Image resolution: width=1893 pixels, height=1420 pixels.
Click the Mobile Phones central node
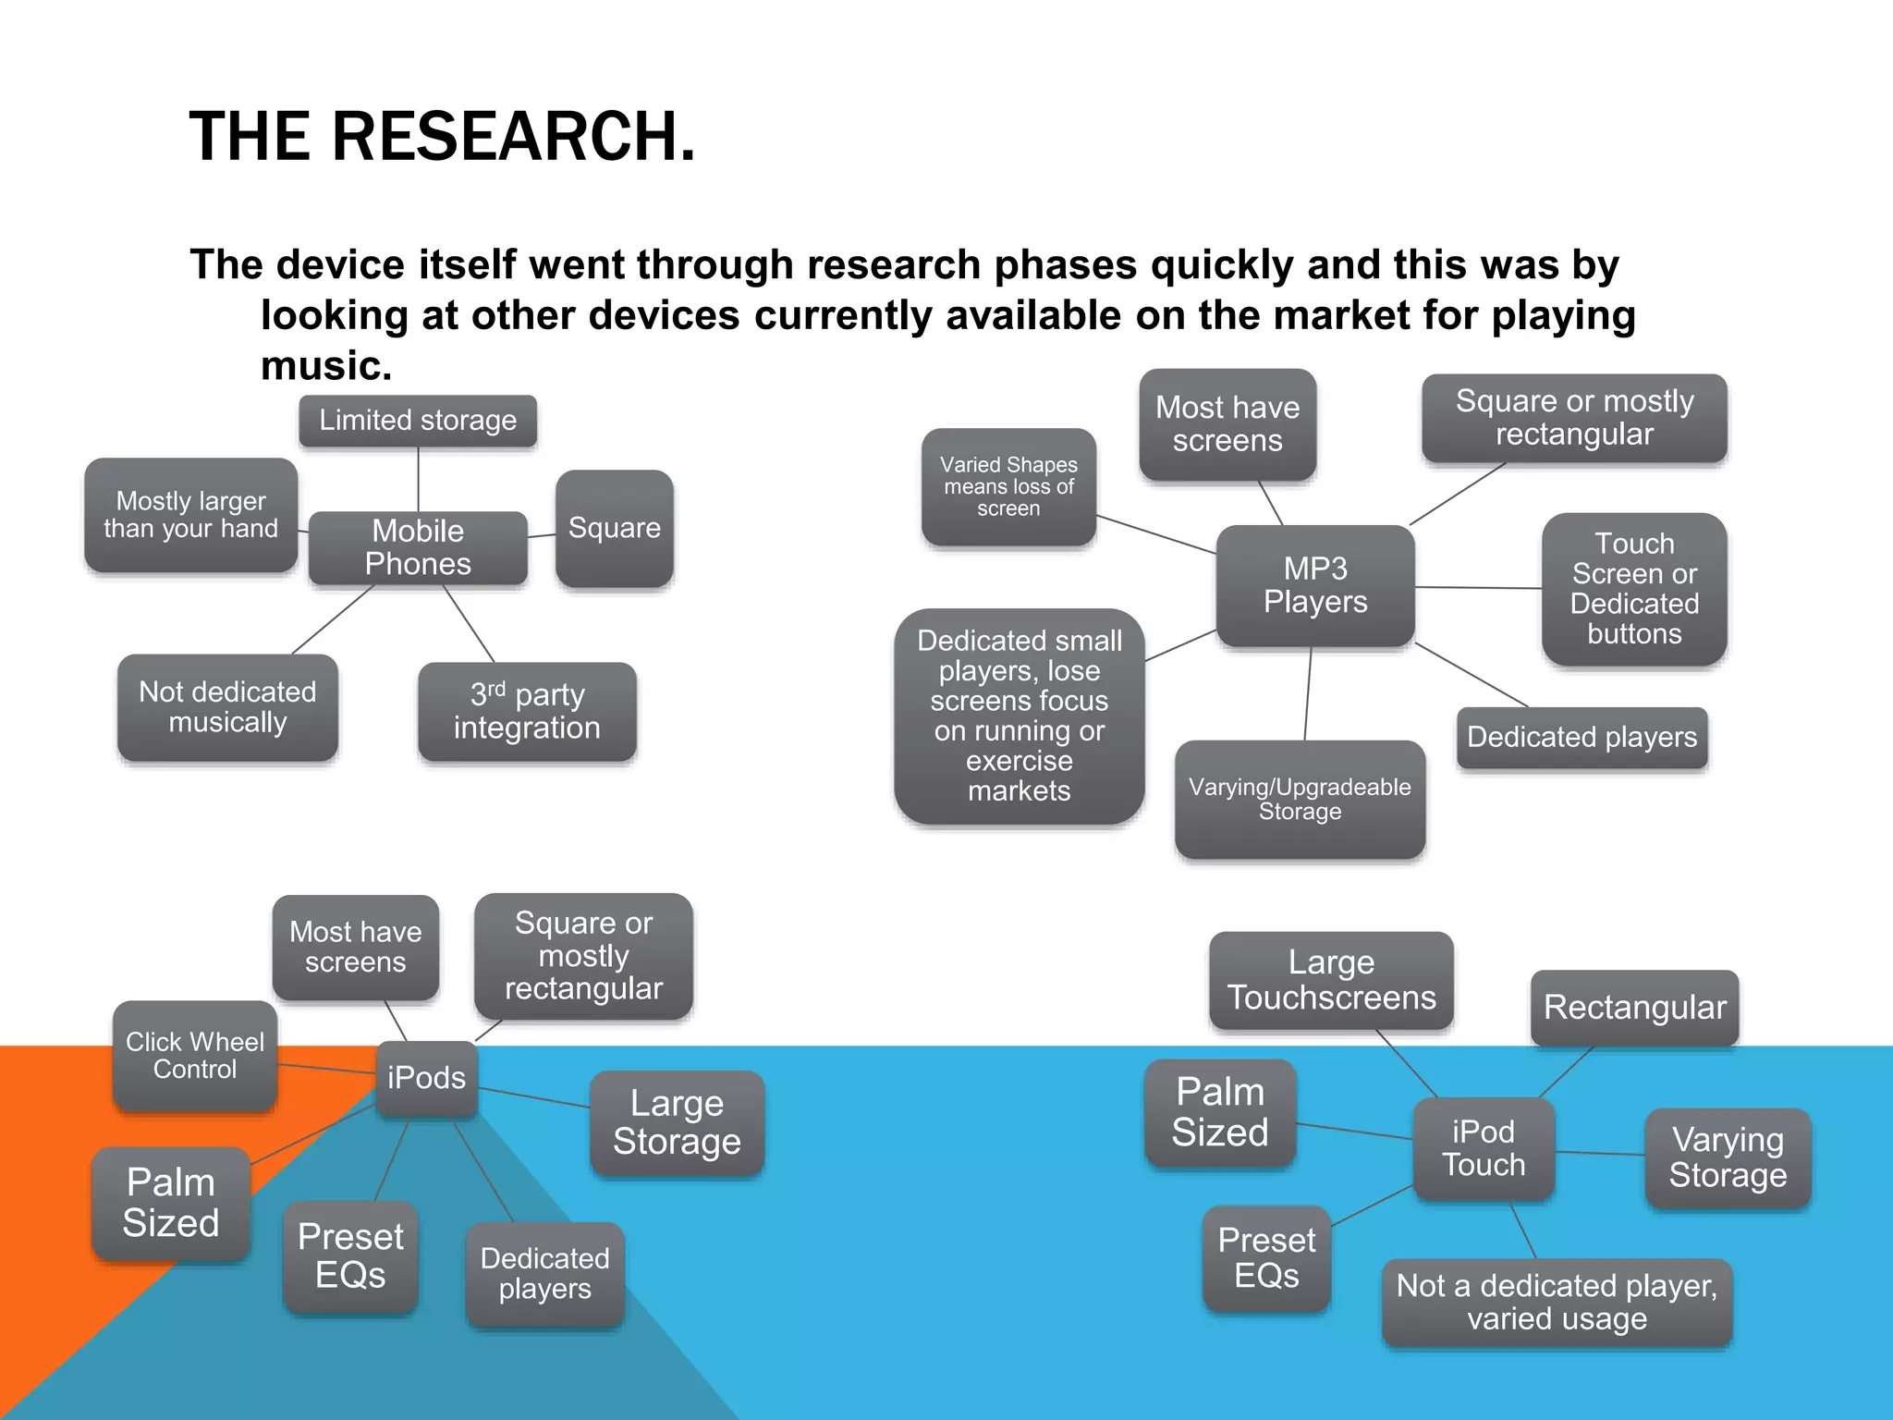pyautogui.click(x=418, y=547)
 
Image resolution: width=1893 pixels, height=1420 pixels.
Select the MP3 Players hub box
pyautogui.click(x=1314, y=585)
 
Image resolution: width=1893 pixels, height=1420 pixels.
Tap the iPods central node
pyautogui.click(x=426, y=1078)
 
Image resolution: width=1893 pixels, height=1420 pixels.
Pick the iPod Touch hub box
pyautogui.click(x=1484, y=1148)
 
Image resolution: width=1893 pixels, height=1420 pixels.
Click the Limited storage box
pyautogui.click(x=418, y=421)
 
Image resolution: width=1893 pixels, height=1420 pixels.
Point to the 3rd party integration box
pyautogui.click(x=527, y=711)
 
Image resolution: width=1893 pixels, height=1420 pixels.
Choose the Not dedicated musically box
pyautogui.click(x=227, y=707)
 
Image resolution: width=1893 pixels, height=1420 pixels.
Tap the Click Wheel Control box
pyautogui.click(x=195, y=1056)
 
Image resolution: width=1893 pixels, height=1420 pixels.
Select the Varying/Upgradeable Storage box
pyautogui.click(x=1300, y=799)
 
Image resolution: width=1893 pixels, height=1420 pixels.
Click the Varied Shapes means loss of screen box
pyautogui.click(x=1008, y=486)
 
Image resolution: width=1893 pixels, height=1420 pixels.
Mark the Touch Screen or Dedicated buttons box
pyautogui.click(x=1634, y=589)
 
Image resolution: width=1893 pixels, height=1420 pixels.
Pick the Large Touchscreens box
pyautogui.click(x=1331, y=980)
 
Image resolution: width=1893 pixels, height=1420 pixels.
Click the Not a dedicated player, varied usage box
pyautogui.click(x=1557, y=1302)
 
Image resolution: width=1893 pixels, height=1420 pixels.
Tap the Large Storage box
pyautogui.click(x=677, y=1122)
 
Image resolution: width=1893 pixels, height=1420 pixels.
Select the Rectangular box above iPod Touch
pyautogui.click(x=1634, y=1008)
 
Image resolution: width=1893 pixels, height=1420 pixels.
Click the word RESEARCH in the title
pyautogui.click(x=512, y=137)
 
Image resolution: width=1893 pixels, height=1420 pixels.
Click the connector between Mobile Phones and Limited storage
pyautogui.click(x=419, y=479)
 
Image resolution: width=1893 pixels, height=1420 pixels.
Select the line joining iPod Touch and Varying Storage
pyautogui.click(x=1599, y=1153)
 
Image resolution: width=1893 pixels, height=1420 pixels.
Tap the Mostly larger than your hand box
pyautogui.click(x=190, y=515)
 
